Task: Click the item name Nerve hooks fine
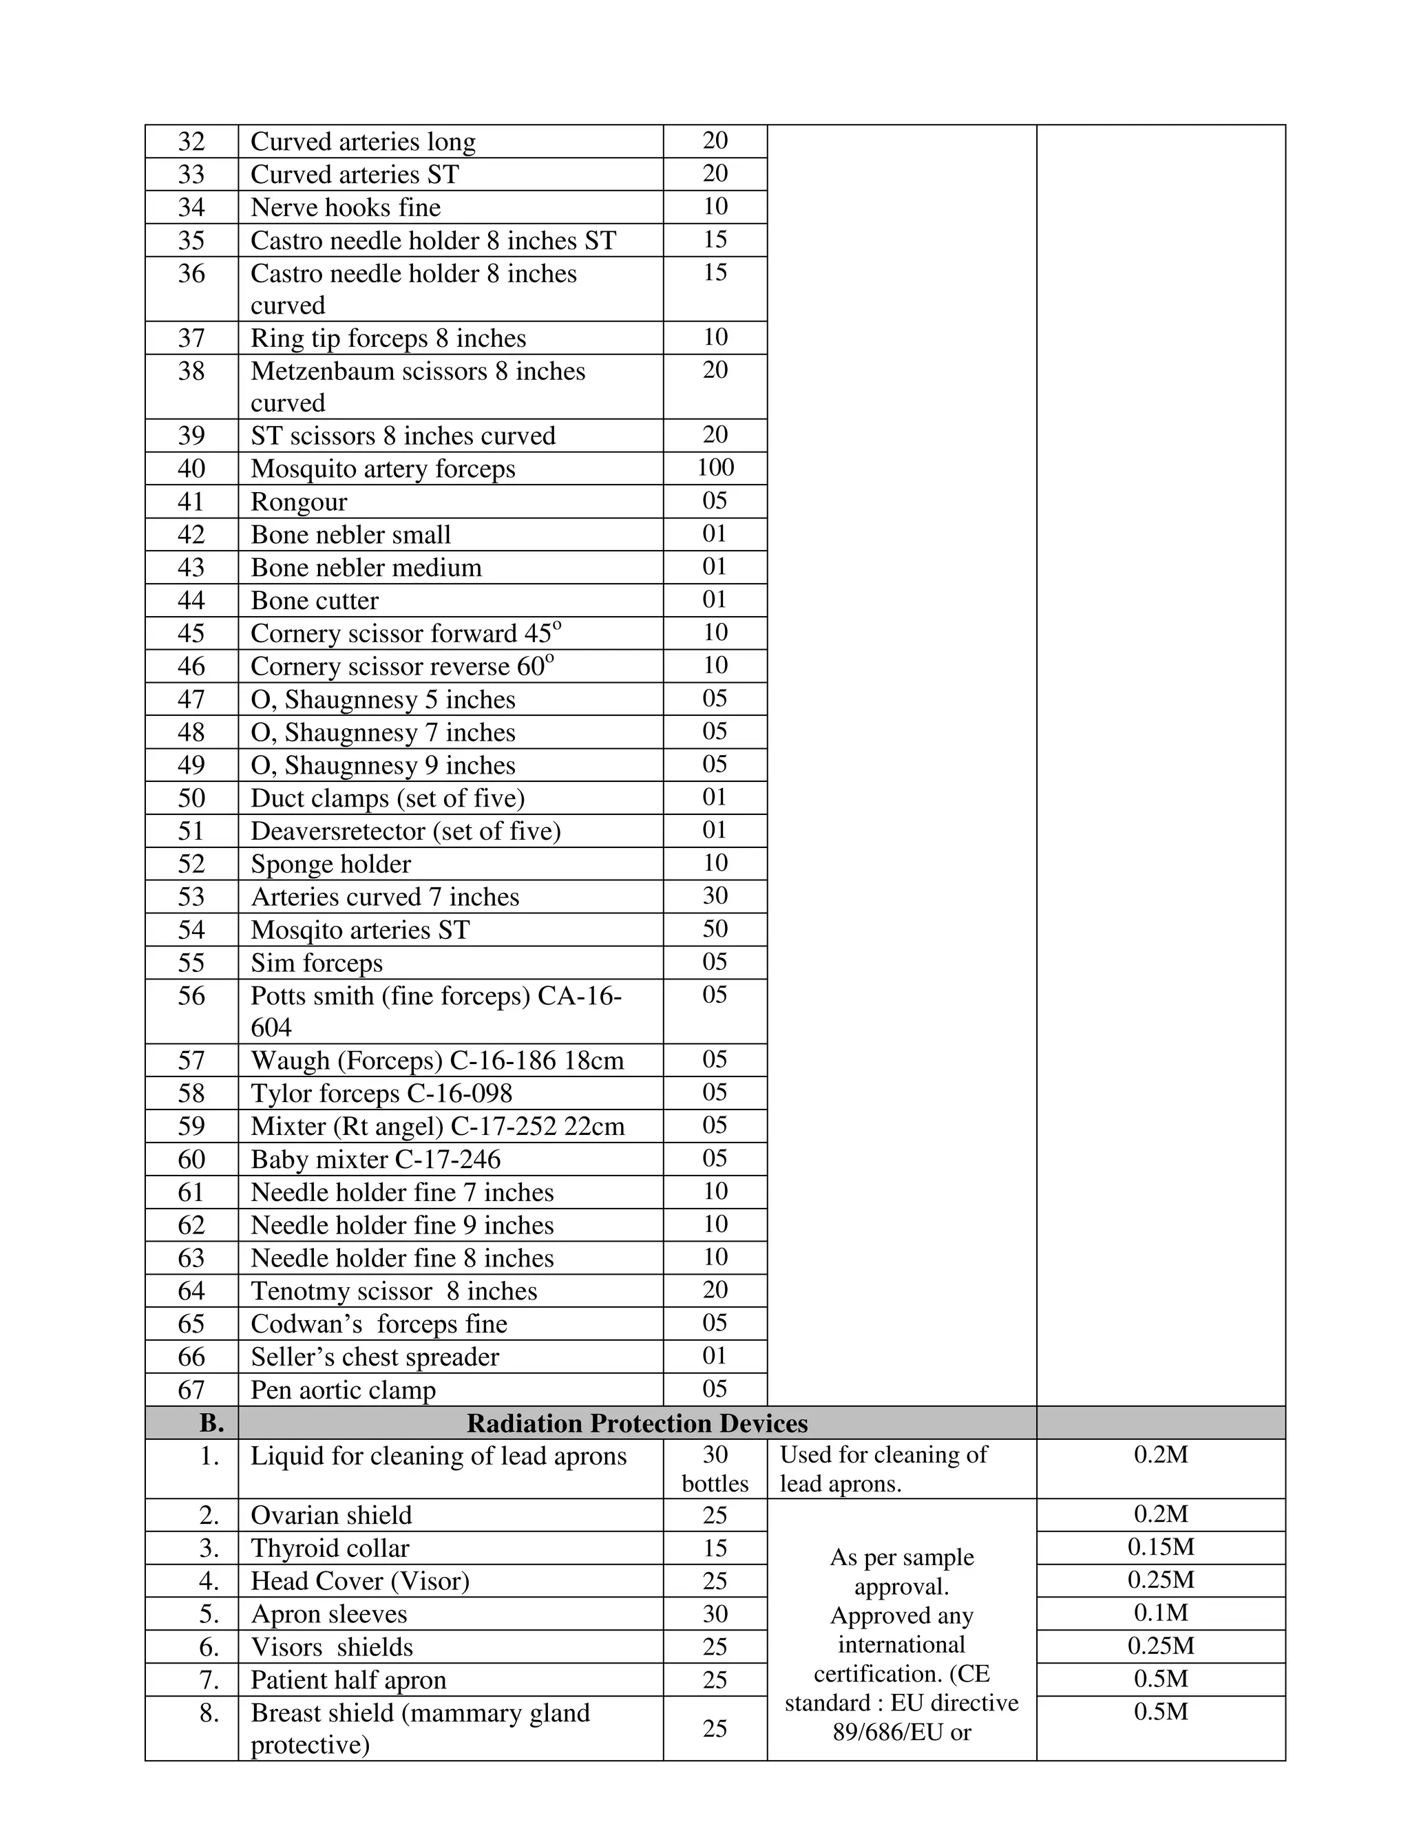coord(345,207)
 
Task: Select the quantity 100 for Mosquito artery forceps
coord(715,467)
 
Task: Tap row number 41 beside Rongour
coord(191,501)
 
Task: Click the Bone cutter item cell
coord(314,600)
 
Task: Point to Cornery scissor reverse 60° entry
coord(402,666)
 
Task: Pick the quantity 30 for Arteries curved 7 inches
coord(715,896)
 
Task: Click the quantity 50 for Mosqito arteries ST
coord(715,929)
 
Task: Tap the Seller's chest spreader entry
coord(375,1357)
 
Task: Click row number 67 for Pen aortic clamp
coord(191,1390)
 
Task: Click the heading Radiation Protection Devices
coord(637,1423)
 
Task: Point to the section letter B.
coord(211,1423)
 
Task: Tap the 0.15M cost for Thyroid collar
coord(1160,1547)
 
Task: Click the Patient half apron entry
coord(348,1679)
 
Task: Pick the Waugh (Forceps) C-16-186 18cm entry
coord(437,1061)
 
